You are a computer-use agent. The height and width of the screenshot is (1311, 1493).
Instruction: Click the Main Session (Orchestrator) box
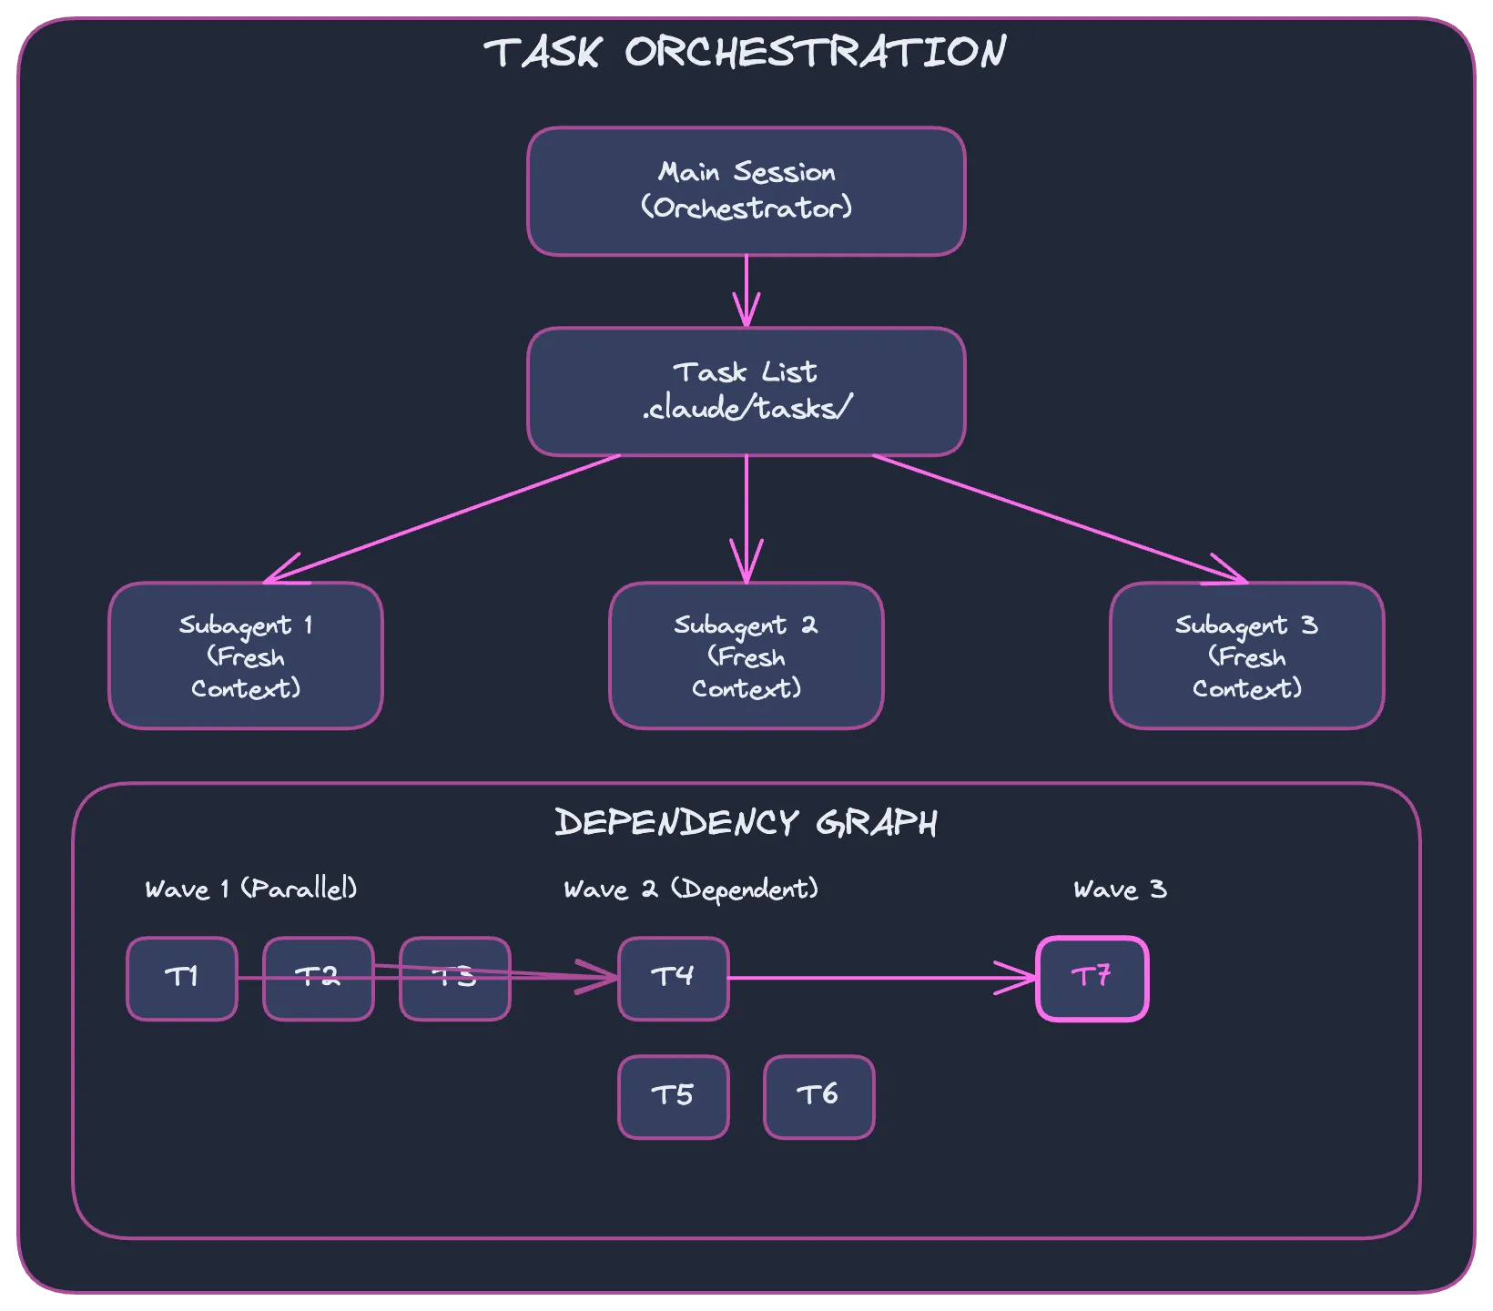tap(746, 191)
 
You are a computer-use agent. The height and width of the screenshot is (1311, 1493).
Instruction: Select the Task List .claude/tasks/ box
tap(746, 391)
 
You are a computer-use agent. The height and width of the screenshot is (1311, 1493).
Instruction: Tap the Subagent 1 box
tap(245, 655)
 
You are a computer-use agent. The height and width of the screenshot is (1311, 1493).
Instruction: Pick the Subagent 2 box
tap(746, 655)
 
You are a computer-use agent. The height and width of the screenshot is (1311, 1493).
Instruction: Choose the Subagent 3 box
tap(1246, 655)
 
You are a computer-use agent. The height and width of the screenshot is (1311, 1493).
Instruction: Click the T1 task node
tap(181, 979)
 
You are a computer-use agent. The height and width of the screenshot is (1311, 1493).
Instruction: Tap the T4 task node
tap(673, 979)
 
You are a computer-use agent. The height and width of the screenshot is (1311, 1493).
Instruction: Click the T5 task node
tap(673, 1097)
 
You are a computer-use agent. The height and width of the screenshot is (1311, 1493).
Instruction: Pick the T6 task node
tap(818, 1097)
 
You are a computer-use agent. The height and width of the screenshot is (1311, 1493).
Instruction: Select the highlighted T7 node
tap(1092, 979)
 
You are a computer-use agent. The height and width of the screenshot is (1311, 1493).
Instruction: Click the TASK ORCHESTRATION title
tap(746, 52)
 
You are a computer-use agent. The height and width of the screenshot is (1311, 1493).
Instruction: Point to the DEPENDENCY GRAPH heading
tap(746, 823)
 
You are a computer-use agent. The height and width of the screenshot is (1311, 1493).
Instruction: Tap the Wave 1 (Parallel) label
tap(250, 889)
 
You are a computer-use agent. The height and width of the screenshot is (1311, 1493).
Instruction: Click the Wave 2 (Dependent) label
tap(690, 889)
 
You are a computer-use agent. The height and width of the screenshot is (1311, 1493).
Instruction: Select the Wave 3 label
tap(1119, 889)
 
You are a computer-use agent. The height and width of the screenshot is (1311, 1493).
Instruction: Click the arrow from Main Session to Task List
tap(746, 290)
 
